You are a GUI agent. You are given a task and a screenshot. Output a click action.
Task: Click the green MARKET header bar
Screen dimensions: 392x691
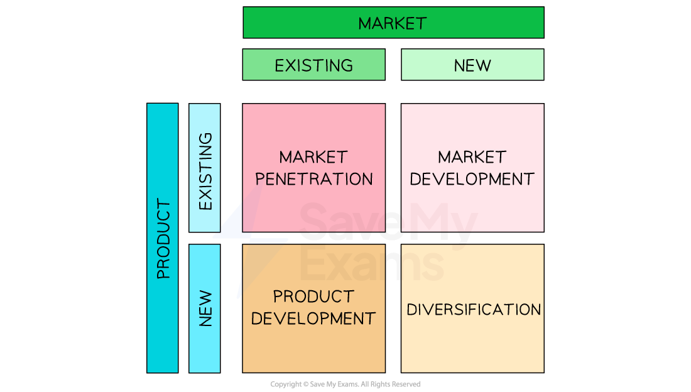pos(393,23)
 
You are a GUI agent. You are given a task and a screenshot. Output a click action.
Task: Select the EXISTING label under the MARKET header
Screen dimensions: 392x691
pos(313,65)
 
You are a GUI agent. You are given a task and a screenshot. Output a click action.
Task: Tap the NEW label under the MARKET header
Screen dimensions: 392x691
pos(472,65)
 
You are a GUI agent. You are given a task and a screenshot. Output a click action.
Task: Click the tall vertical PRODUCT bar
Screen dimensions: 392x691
pos(163,238)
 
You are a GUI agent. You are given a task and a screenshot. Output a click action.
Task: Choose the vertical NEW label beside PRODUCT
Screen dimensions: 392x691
pos(205,308)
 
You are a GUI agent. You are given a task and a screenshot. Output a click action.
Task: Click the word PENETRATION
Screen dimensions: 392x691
pos(314,179)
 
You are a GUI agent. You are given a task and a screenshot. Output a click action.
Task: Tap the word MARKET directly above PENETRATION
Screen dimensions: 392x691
pos(313,157)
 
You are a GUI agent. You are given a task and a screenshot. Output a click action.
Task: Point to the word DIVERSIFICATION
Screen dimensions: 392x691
pos(474,310)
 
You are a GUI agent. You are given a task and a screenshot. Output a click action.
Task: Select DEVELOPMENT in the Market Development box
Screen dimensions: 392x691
pos(472,179)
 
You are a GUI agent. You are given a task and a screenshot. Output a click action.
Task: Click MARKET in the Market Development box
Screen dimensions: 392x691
pos(472,157)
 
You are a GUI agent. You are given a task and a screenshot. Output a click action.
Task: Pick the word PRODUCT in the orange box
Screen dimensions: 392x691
pos(313,297)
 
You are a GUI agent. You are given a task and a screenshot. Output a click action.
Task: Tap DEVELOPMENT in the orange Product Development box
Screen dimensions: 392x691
pos(313,318)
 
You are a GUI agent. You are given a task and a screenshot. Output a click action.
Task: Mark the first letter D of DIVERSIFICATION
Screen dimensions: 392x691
pos(411,310)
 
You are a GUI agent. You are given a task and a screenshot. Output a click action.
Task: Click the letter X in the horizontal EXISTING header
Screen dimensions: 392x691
pos(291,65)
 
